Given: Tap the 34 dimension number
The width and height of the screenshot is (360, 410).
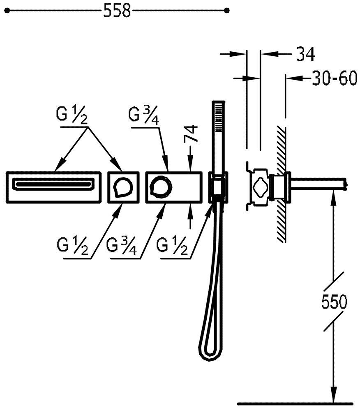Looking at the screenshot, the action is [305, 54].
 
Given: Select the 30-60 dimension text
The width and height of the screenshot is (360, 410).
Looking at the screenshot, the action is [335, 78].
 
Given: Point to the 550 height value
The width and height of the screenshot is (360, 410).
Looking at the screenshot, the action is [334, 302].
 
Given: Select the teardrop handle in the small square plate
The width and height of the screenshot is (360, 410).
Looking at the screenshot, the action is [123, 187].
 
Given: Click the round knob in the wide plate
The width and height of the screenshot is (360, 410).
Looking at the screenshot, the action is [161, 187].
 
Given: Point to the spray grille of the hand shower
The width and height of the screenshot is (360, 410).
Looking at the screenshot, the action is [219, 117].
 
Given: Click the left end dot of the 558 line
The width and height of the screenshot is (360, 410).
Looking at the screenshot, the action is [7, 10].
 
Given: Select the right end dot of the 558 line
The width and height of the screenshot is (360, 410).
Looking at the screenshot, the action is [227, 10].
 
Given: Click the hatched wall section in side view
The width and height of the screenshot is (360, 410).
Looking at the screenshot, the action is [280, 184].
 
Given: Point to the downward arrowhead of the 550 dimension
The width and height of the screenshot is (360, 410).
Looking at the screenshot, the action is [333, 396].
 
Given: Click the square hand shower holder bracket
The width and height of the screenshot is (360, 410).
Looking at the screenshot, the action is [218, 187].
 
